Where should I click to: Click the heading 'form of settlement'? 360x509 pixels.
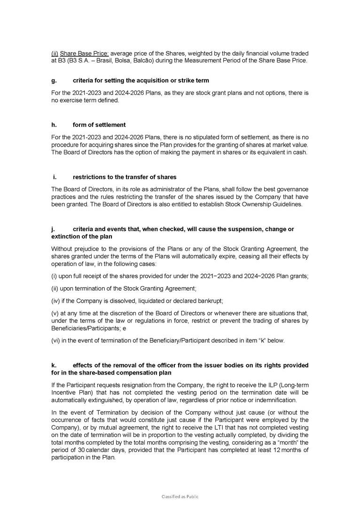point(99,125)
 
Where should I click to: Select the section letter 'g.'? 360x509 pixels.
point(54,81)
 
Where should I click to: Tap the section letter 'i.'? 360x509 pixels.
point(55,177)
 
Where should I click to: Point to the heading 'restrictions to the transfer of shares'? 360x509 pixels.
point(125,177)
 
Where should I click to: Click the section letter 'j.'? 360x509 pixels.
point(53,229)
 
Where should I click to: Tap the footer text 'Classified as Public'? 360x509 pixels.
point(180,496)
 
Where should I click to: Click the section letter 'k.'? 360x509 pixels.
point(54,365)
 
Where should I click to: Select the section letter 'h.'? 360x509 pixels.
point(54,125)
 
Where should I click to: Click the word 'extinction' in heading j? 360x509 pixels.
point(66,236)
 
